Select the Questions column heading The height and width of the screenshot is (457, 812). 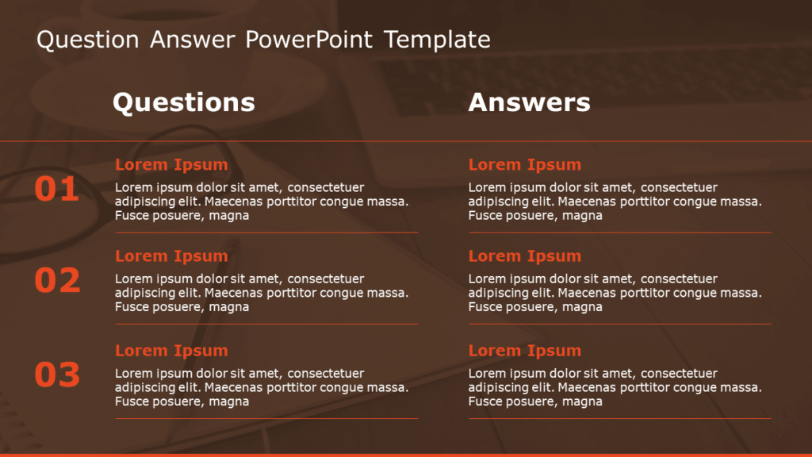(x=183, y=102)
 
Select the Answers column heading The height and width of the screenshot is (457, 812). (x=529, y=102)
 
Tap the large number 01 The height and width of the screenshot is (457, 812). (x=56, y=189)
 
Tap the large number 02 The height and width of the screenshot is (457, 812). (x=57, y=280)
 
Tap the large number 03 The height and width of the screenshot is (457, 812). (x=57, y=374)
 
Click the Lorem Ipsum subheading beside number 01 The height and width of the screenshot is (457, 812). (x=171, y=165)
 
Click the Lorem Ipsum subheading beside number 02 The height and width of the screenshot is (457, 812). (x=171, y=256)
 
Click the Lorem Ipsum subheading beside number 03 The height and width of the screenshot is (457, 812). (x=171, y=351)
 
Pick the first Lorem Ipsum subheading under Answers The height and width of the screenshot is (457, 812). (x=524, y=165)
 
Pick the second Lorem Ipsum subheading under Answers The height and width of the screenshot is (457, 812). (x=524, y=256)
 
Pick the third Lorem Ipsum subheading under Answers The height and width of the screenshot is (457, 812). (x=524, y=351)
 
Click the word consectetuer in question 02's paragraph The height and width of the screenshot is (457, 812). (x=326, y=279)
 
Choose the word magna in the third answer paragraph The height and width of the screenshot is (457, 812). (x=583, y=401)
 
